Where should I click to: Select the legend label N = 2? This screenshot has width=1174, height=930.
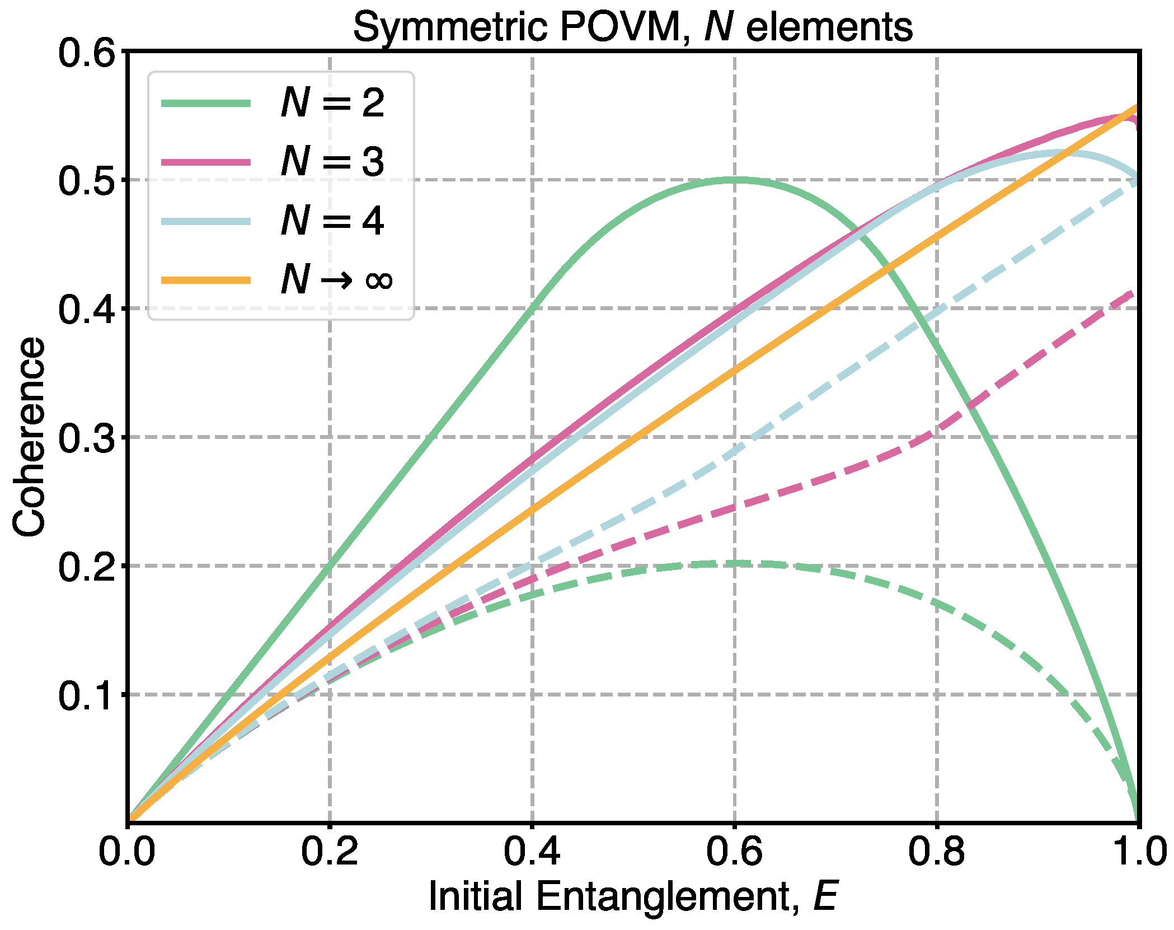pos(332,103)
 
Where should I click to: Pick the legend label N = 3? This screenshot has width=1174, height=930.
pos(332,162)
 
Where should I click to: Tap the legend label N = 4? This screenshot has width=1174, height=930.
pos(332,221)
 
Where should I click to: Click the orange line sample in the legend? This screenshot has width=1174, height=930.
pos(206,280)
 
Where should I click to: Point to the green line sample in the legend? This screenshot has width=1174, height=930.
pos(206,103)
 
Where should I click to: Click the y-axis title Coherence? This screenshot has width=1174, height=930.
pos(29,437)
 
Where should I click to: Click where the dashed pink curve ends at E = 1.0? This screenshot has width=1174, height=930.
pos(1136,292)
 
